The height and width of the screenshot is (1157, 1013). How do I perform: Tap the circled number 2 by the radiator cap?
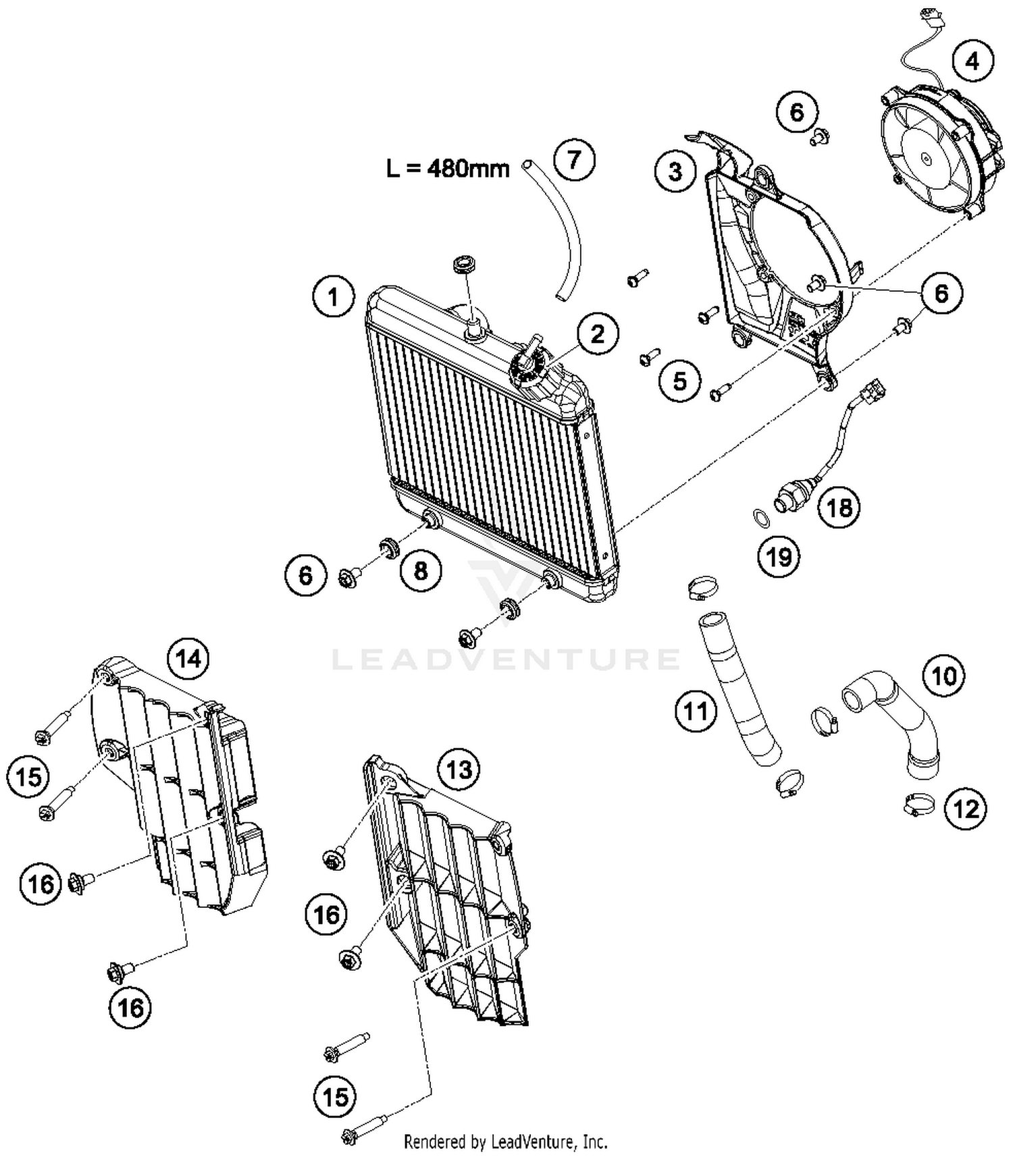[x=597, y=333]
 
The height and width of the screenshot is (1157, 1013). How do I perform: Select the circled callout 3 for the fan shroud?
[x=675, y=171]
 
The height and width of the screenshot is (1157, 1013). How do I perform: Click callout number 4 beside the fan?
[x=972, y=61]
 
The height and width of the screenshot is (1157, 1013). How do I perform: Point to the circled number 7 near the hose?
[x=573, y=160]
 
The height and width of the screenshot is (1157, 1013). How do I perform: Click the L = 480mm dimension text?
[x=448, y=168]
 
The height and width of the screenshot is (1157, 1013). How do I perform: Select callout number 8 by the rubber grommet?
[x=421, y=571]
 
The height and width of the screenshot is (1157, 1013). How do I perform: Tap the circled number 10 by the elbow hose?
[x=944, y=675]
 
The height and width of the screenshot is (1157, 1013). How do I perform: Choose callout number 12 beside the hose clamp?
[x=966, y=808]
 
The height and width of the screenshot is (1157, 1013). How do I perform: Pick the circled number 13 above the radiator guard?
[x=459, y=769]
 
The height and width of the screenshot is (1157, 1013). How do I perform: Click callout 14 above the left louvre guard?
[x=188, y=658]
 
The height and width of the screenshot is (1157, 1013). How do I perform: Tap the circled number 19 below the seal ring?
[x=779, y=557]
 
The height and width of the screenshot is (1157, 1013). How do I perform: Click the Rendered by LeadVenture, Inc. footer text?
[x=505, y=1142]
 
